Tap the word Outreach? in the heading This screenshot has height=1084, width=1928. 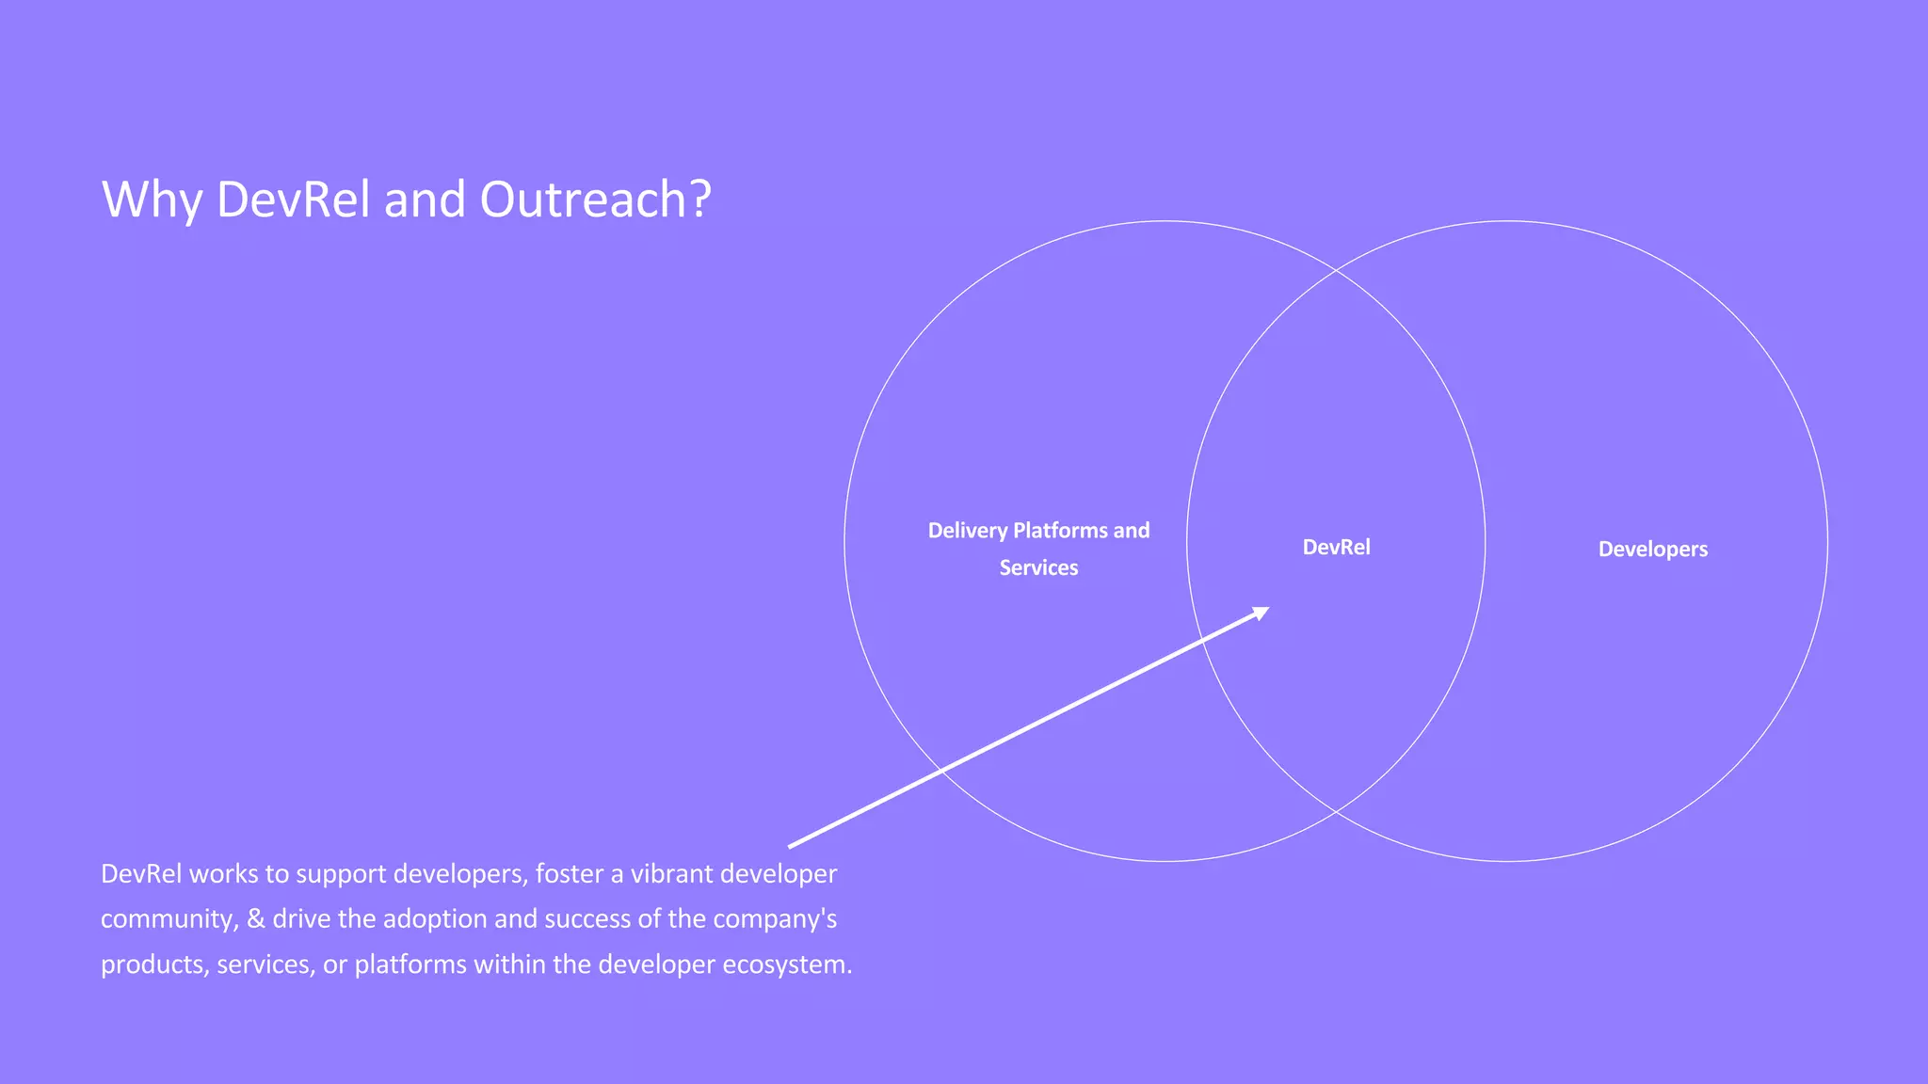point(595,199)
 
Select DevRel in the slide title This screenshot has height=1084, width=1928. point(293,199)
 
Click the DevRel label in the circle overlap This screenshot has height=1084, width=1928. point(1336,548)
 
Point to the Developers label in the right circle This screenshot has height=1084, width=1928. point(1652,550)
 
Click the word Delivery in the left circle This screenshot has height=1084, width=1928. point(967,531)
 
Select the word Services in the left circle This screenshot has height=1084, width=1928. point(1038,568)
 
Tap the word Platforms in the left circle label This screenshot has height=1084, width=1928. point(1060,531)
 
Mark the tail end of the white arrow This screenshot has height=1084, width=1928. point(791,846)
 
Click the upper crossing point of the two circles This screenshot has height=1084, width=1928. point(1336,271)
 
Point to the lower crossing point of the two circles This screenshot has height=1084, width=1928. point(1336,810)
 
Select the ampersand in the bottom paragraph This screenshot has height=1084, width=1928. point(255,919)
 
